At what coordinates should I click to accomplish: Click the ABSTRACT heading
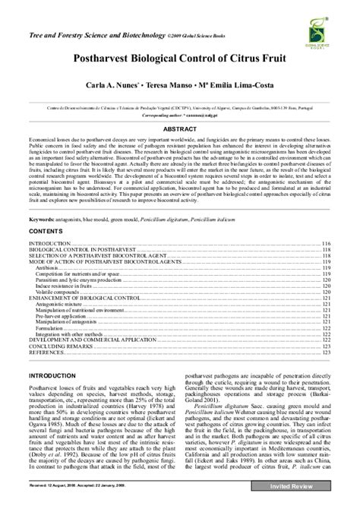coord(179,129)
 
